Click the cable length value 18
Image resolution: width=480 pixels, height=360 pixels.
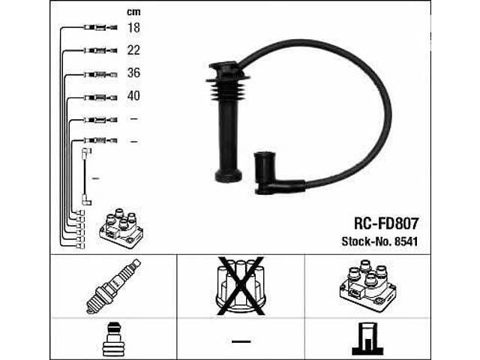click(133, 28)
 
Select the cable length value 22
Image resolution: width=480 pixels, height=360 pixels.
click(133, 50)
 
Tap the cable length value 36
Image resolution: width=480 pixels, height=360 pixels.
click(133, 73)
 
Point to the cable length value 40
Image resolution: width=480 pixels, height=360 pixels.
click(133, 96)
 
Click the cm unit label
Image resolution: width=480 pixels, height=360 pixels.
click(133, 12)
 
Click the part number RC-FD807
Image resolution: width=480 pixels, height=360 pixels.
click(385, 223)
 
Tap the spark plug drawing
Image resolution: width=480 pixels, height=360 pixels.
click(113, 286)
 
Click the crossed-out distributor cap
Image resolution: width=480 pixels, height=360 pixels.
click(241, 286)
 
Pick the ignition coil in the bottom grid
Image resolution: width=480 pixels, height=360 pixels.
click(368, 286)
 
